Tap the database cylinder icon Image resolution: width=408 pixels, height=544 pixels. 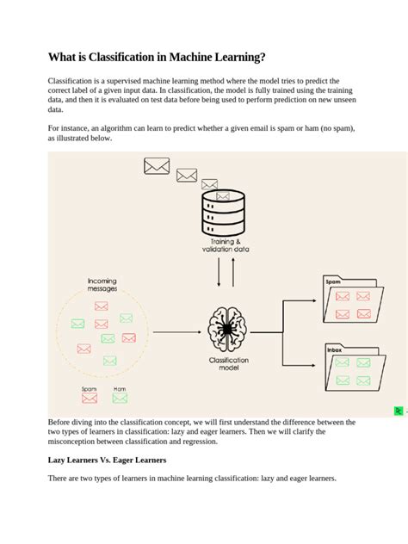(223, 213)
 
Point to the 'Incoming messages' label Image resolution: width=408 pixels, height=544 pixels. (102, 285)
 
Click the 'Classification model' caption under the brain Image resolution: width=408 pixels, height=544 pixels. (228, 365)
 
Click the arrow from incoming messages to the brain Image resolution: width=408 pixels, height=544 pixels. (176, 331)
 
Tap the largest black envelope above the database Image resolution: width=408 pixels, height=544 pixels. (157, 166)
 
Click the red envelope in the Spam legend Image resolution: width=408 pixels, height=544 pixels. (89, 399)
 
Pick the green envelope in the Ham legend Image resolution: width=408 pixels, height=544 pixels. (120, 399)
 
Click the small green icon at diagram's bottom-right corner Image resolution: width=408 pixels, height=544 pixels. (399, 411)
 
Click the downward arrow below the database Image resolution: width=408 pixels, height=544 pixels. (219, 274)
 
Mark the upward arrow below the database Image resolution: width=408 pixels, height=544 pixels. (232, 272)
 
